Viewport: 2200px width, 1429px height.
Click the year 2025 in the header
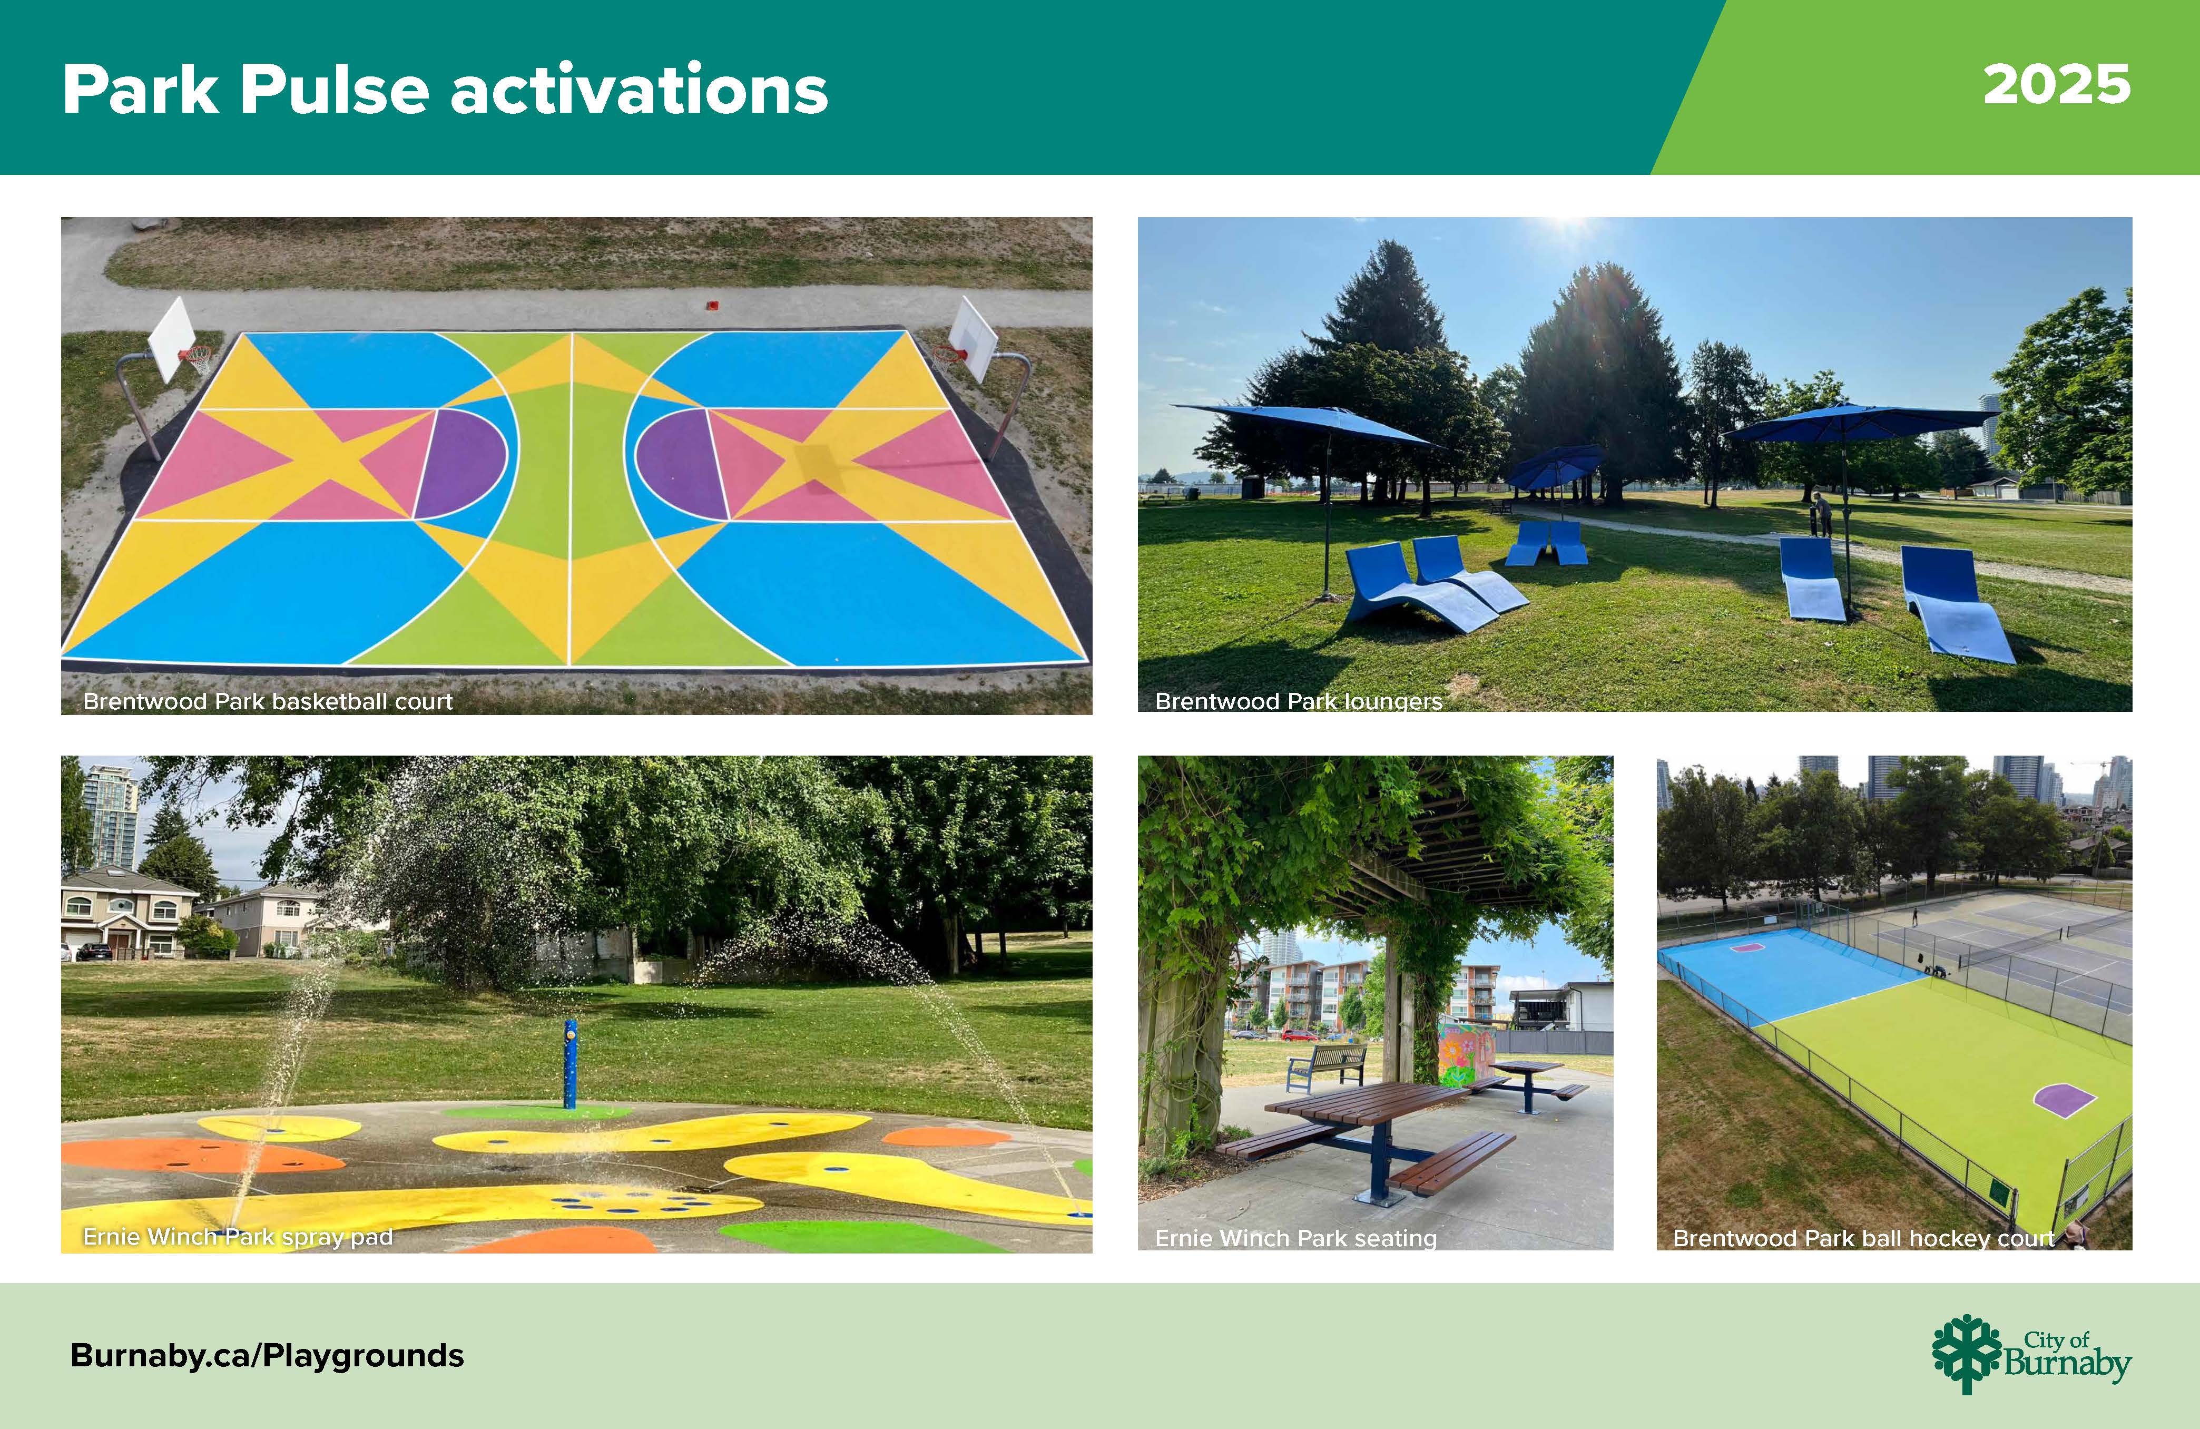click(2057, 85)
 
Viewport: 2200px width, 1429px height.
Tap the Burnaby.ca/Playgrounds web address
click(267, 1355)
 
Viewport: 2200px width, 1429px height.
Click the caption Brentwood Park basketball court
click(268, 701)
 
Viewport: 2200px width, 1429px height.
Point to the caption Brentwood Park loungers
click(1299, 701)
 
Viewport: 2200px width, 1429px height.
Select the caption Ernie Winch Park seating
click(1296, 1238)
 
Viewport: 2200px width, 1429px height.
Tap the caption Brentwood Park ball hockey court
click(1863, 1238)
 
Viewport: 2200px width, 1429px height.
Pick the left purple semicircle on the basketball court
click(461, 463)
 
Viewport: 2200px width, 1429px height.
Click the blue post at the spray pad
click(571, 1064)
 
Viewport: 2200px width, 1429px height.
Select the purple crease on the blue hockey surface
click(1746, 946)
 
